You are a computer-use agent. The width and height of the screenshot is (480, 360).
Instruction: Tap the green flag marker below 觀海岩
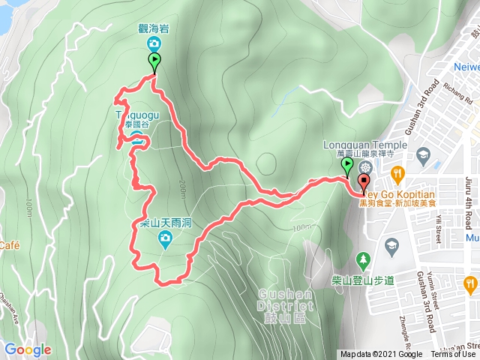(154, 62)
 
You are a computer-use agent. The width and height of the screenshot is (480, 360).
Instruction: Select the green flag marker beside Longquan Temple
(347, 166)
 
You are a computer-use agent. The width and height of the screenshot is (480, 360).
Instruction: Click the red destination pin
(364, 183)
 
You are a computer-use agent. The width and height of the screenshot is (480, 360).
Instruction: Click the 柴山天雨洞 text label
(166, 223)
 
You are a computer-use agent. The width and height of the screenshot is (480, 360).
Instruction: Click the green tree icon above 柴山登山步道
(363, 259)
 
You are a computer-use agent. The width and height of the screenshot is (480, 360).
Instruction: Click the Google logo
(27, 349)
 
